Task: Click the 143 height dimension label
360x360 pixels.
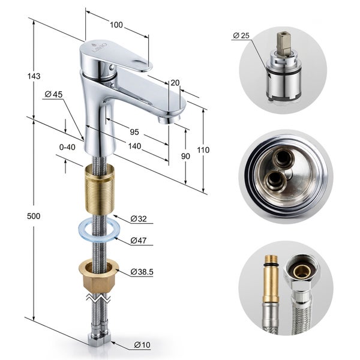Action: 34,76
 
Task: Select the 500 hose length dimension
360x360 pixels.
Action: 34,216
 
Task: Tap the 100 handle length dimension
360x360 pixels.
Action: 116,25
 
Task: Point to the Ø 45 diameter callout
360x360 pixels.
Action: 53,94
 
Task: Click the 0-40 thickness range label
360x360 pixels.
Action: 67,147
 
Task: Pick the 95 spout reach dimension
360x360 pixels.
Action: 134,132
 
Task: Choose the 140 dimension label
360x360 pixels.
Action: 134,146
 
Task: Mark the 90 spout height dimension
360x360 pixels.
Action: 185,156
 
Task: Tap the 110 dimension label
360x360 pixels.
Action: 203,150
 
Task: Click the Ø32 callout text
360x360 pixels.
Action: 139,219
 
